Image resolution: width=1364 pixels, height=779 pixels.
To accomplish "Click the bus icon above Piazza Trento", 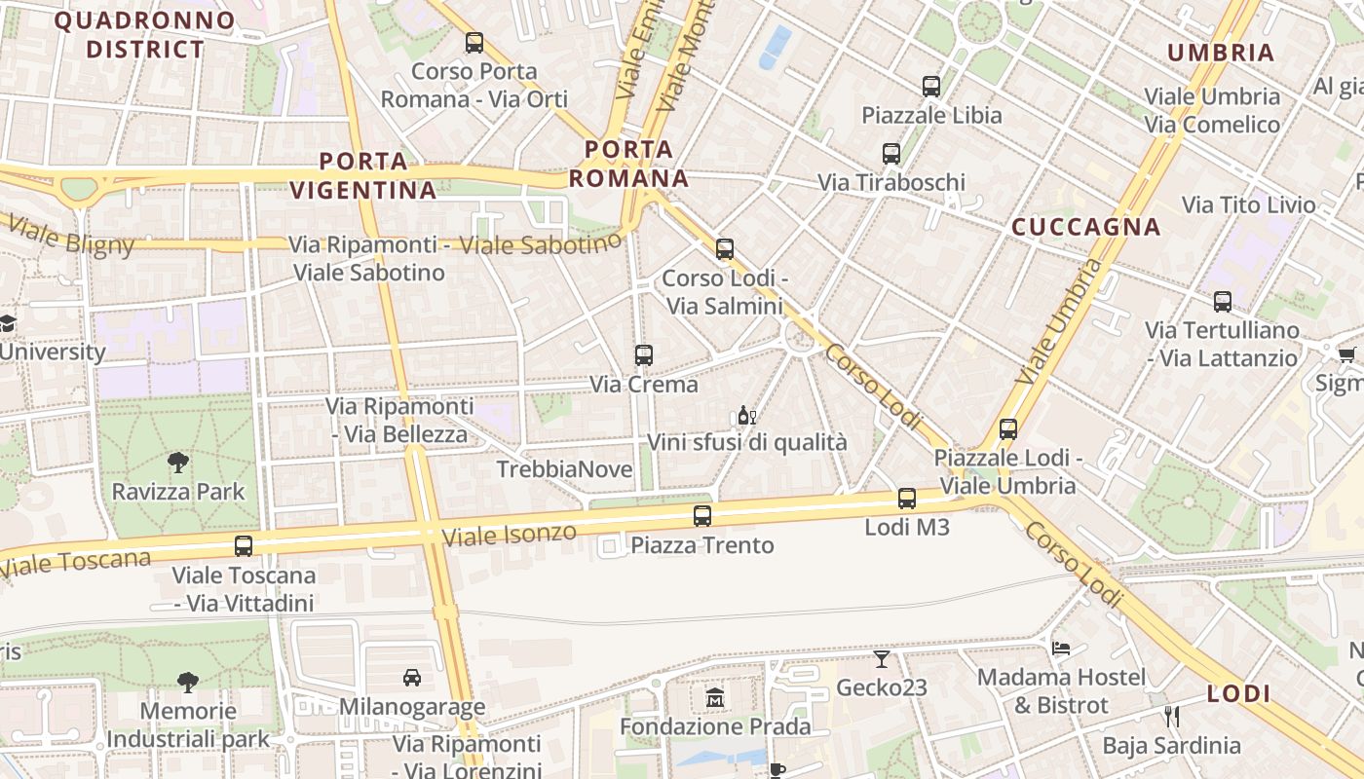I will coord(701,516).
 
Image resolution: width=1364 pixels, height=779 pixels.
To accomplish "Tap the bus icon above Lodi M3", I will coord(907,499).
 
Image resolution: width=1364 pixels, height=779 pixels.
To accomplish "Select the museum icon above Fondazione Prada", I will coord(715,698).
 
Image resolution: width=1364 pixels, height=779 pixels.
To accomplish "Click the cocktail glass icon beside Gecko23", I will coord(882,659).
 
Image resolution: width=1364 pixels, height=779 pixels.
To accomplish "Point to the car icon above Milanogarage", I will coord(412,677).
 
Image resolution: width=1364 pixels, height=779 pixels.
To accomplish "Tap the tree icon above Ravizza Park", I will coord(177,463).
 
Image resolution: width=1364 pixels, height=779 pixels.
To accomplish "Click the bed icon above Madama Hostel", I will coord(1061,648).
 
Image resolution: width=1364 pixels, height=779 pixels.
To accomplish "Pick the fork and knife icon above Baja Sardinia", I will coord(1171,717).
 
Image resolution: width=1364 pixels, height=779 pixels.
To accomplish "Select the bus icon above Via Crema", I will coord(643,355).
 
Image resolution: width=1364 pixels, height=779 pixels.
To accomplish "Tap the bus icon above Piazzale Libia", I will coord(930,87).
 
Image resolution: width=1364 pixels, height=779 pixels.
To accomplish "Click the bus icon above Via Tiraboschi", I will coord(890,154).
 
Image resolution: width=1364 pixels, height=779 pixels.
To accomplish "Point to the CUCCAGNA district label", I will coord(1085,228).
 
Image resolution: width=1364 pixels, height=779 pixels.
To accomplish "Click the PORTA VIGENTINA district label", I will coord(363,175).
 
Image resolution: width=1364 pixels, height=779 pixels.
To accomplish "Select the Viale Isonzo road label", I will coord(509,534).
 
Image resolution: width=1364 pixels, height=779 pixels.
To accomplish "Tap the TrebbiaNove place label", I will coord(564,469).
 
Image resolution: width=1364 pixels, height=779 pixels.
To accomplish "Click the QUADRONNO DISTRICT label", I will coord(144,34).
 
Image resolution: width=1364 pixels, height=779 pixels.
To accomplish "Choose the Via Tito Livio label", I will coord(1248,204).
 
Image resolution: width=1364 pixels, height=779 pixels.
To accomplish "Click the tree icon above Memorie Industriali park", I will coord(188,682).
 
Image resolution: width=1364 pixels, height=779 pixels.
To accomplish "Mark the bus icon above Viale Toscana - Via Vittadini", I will coord(244,546).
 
